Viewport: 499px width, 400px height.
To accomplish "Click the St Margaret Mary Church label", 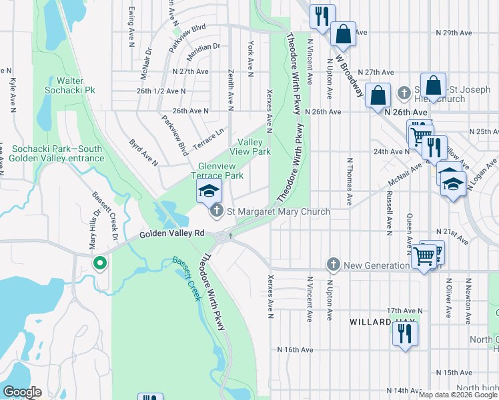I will (278, 212).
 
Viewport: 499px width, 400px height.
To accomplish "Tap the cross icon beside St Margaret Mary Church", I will (216, 212).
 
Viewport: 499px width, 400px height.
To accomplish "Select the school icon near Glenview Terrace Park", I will (209, 191).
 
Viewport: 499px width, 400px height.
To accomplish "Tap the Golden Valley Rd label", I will (172, 235).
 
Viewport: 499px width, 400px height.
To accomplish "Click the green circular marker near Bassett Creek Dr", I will (99, 264).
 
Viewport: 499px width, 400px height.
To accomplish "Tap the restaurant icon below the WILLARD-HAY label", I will (404, 333).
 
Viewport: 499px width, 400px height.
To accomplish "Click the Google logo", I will (21, 392).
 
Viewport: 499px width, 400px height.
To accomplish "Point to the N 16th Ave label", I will (295, 349).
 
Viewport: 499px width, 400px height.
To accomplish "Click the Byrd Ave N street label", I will (143, 153).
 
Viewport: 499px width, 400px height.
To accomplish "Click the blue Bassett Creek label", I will (186, 279).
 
